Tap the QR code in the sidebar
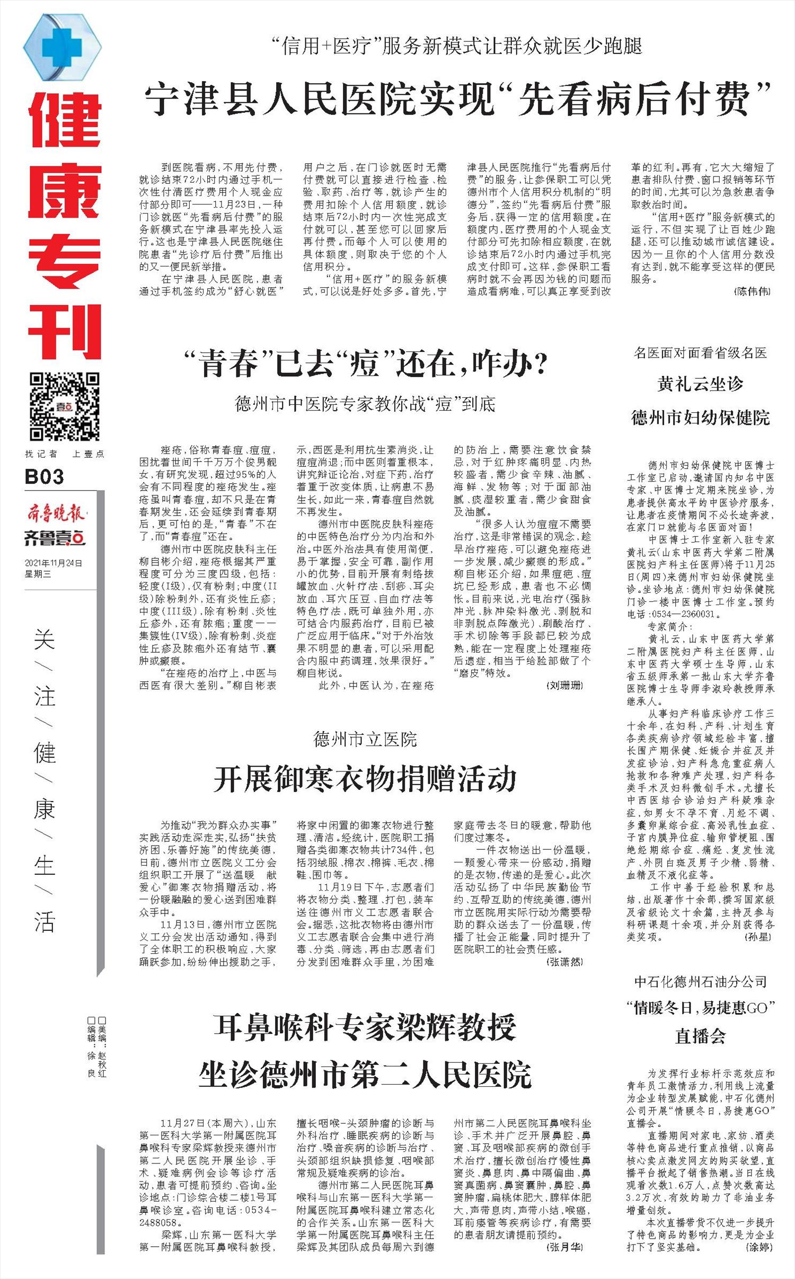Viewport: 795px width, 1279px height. (64, 406)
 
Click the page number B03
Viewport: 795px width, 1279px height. (44, 477)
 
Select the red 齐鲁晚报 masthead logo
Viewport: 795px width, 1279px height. (56, 513)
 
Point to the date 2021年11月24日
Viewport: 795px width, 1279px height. (54, 563)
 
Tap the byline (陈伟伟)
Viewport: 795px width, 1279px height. (753, 291)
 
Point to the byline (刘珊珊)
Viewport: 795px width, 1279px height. (565, 686)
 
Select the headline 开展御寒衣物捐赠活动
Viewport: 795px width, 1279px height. (365, 779)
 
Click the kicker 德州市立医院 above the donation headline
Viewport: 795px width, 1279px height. (365, 740)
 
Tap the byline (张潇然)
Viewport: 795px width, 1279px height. (565, 961)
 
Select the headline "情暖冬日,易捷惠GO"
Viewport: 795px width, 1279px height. (700, 1007)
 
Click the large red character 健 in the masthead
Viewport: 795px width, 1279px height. (64, 121)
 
